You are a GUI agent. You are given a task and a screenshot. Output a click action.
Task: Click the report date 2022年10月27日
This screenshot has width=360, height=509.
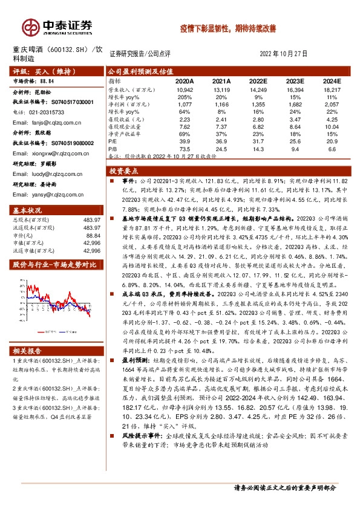[x=284, y=53]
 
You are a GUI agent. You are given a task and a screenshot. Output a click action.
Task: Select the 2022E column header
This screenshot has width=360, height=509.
[x=258, y=80]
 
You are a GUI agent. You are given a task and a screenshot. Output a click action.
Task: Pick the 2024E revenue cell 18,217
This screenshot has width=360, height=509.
[x=332, y=89]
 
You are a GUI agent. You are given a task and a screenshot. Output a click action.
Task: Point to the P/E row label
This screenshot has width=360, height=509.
[x=113, y=140]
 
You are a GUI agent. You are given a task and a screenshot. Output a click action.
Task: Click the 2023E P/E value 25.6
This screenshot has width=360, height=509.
[x=295, y=140]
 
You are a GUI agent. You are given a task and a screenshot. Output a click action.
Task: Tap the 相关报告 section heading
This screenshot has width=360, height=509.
[x=28, y=351]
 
